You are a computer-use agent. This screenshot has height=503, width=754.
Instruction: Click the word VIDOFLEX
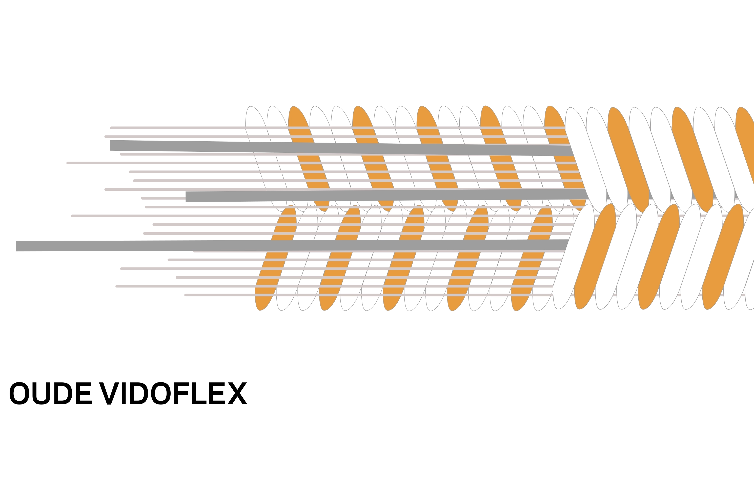[x=173, y=393]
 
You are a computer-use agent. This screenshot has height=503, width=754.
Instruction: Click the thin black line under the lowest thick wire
[x=124, y=253]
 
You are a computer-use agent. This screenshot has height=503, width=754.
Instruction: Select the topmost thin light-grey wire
[x=176, y=128]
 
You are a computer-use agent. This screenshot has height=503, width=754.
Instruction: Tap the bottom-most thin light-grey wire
[x=218, y=295]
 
